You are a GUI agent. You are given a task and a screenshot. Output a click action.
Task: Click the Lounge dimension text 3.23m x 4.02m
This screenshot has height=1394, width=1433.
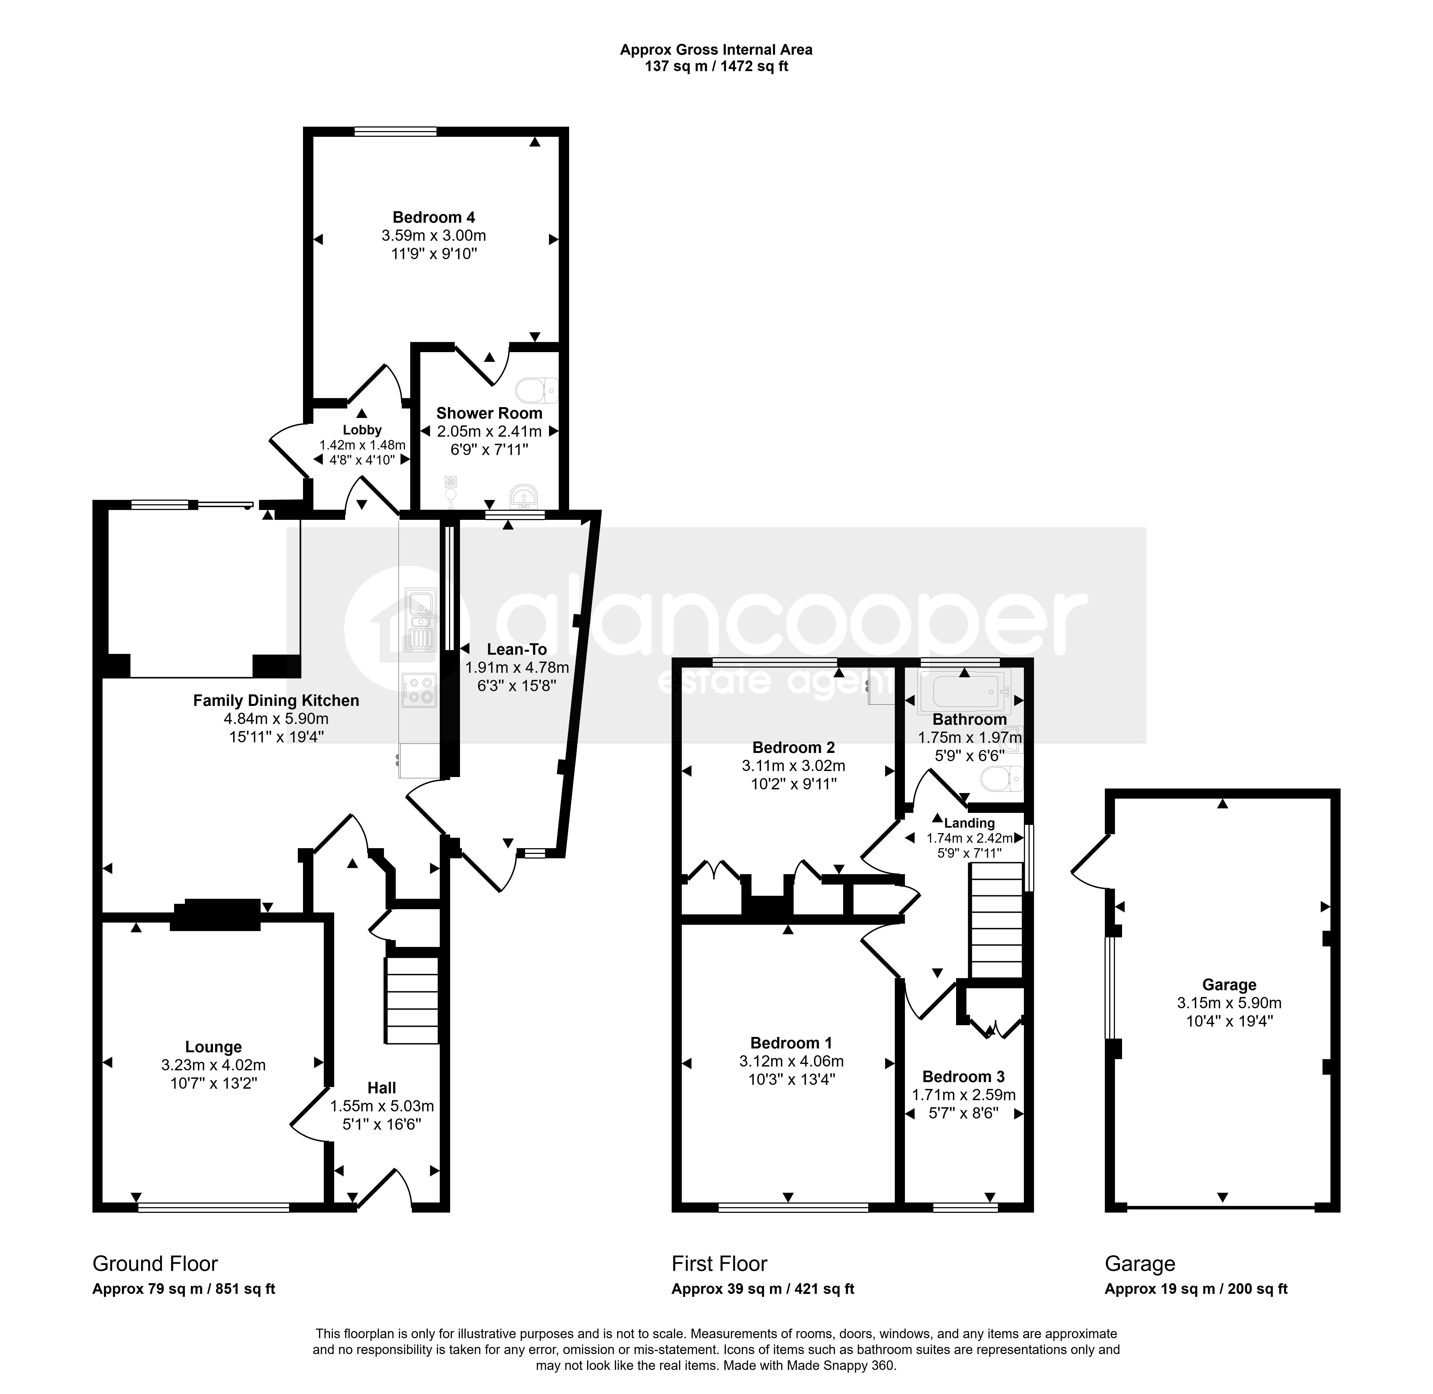point(213,1065)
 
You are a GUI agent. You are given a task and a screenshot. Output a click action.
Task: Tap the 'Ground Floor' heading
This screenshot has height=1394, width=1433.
point(155,1264)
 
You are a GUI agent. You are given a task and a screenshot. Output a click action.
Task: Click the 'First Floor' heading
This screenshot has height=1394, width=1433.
point(720,1264)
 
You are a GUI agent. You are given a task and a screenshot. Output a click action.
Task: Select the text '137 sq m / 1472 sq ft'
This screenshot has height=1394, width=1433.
point(716,67)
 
